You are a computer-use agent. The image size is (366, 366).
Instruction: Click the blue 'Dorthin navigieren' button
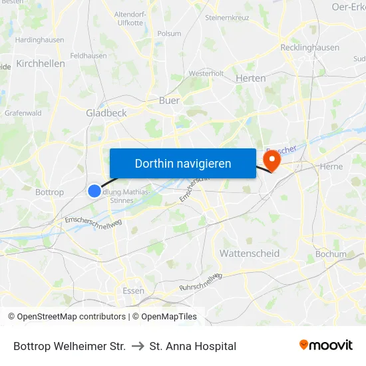[183, 163]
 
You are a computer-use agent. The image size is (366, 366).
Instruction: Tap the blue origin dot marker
[94, 191]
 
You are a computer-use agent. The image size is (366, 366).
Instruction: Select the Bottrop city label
[49, 192]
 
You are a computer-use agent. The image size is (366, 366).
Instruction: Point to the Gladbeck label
[106, 113]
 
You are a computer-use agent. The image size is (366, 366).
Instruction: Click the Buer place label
[169, 100]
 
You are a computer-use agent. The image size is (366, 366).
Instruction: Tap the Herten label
[251, 78]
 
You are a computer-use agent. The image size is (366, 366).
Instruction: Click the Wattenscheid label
[250, 254]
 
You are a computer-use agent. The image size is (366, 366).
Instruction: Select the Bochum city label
[331, 254]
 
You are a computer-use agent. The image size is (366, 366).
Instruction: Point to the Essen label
[134, 290]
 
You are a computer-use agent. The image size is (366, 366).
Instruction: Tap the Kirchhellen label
[41, 64]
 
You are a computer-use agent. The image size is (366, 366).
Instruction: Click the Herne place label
[331, 166]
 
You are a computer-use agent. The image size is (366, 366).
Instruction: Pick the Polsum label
[169, 33]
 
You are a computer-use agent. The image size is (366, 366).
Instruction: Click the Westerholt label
[206, 73]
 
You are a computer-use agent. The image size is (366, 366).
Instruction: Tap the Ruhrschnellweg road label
[200, 282]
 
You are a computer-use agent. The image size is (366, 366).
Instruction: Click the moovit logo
[326, 345]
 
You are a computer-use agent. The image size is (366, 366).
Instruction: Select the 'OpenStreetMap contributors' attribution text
[71, 317]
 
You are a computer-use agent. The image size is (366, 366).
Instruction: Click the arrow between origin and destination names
[138, 346]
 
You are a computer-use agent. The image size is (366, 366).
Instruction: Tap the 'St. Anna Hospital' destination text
[193, 346]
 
